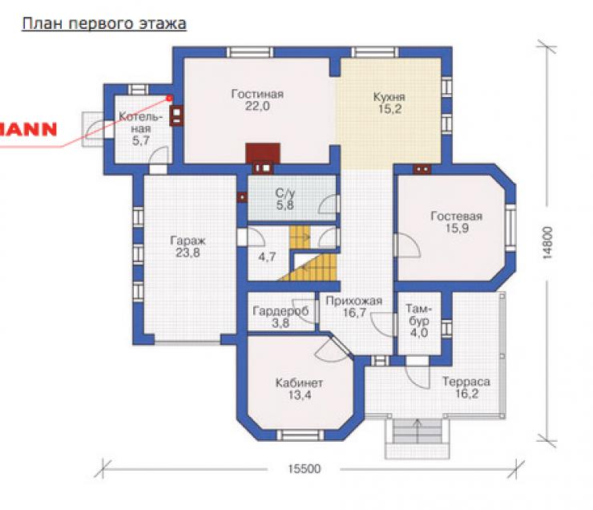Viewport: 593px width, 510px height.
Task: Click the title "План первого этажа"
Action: click(104, 24)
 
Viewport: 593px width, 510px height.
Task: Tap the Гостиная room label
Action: click(257, 94)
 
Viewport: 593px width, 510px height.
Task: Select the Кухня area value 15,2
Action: click(389, 109)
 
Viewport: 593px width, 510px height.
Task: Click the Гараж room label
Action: click(188, 241)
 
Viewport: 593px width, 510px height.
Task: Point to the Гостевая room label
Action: click(457, 217)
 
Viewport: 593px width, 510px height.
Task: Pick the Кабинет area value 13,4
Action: click(300, 395)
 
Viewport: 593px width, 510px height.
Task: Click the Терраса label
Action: click(466, 382)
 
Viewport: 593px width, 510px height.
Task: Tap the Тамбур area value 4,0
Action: click(418, 333)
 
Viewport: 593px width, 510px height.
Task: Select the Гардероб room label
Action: click(280, 311)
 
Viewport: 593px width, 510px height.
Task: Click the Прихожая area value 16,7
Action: click(354, 313)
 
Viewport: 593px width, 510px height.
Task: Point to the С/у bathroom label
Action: click(285, 193)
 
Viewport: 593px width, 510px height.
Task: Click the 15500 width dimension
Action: click(304, 469)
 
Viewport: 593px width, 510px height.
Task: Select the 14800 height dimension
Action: click(547, 243)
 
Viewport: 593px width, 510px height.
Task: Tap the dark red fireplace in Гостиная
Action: click(263, 153)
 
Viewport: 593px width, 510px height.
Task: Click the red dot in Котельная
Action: click(169, 99)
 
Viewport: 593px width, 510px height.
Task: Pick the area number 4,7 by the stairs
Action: click(267, 257)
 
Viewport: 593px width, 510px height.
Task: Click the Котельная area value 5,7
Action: click(141, 141)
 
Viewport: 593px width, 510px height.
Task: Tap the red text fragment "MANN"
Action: click(28, 129)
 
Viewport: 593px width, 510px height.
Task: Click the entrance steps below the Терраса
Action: click(418, 431)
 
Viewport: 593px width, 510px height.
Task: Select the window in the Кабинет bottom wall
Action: click(301, 435)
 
